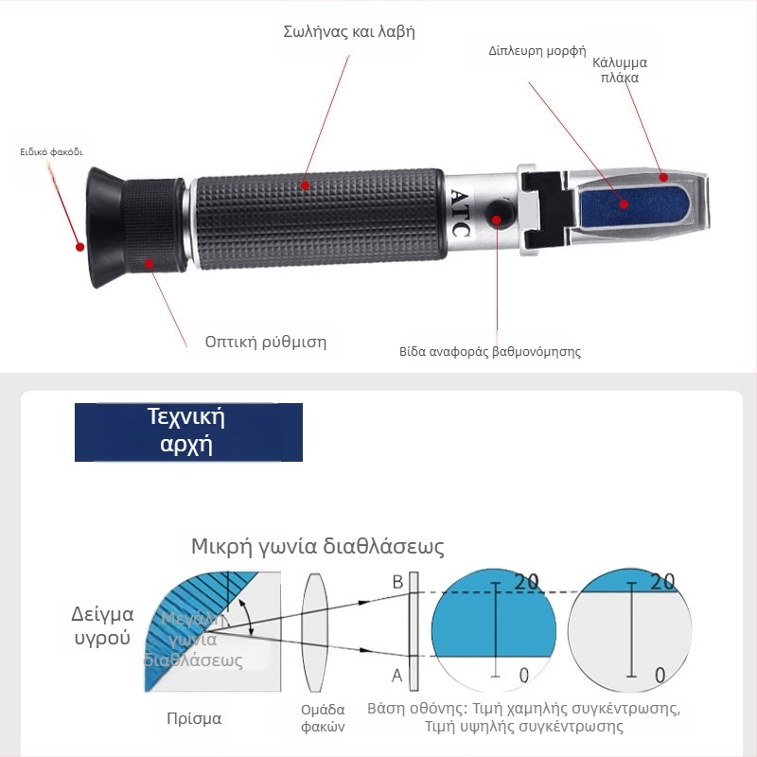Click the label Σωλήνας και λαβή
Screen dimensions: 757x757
coord(349,31)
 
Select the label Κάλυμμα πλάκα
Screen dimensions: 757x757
coord(620,70)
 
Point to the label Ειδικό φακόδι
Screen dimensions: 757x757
coord(52,150)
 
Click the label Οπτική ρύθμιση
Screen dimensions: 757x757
coord(265,342)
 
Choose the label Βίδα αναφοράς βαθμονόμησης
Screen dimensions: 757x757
coord(489,351)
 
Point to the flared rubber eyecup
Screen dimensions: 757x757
coord(99,227)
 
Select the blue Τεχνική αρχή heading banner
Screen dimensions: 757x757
coord(188,431)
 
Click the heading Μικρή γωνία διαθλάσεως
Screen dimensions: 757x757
coord(317,547)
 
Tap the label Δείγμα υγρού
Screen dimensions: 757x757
coord(102,625)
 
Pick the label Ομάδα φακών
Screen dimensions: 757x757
coord(323,718)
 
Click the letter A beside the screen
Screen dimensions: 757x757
coord(397,675)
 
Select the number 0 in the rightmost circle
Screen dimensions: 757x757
coord(660,675)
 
